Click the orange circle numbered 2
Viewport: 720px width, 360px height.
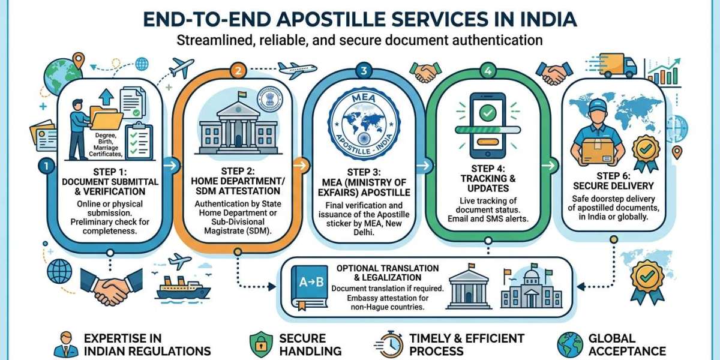click(238, 70)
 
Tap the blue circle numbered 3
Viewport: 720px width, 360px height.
click(364, 70)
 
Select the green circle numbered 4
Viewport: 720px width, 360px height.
click(488, 70)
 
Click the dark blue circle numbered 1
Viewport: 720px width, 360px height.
click(46, 166)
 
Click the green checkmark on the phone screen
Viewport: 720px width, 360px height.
click(488, 113)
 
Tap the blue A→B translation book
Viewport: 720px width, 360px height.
click(310, 287)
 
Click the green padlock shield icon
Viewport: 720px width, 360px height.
click(261, 344)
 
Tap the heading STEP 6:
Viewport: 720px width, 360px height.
click(613, 176)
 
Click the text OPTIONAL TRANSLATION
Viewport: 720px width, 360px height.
click(388, 268)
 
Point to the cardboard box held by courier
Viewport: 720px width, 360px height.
click(598, 152)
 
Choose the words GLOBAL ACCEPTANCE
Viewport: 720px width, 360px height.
click(627, 344)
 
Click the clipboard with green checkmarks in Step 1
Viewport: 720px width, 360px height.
click(139, 142)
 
